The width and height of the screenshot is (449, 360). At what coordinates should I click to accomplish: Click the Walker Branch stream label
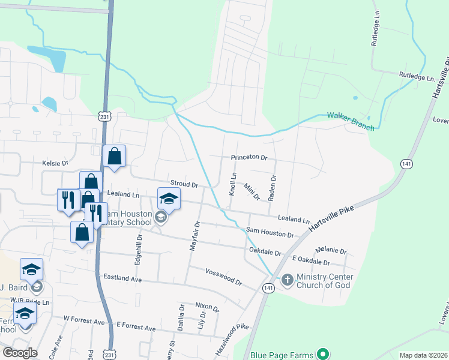(x=351, y=121)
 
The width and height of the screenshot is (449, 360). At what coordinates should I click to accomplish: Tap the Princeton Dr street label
(x=249, y=157)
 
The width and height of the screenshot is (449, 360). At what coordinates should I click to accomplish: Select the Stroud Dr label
(x=184, y=185)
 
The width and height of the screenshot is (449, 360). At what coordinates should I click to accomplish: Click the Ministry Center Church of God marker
(x=287, y=280)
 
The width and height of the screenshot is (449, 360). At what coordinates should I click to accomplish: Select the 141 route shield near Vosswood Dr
(x=267, y=289)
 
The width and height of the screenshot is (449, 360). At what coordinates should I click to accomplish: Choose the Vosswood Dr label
(x=223, y=277)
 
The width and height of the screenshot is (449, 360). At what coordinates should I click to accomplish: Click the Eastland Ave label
(x=122, y=278)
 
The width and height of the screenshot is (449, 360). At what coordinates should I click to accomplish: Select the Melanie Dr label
(x=331, y=250)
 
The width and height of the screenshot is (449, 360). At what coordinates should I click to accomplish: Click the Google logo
(x=20, y=353)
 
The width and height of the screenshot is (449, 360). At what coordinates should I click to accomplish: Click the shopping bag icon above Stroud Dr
(x=114, y=157)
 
